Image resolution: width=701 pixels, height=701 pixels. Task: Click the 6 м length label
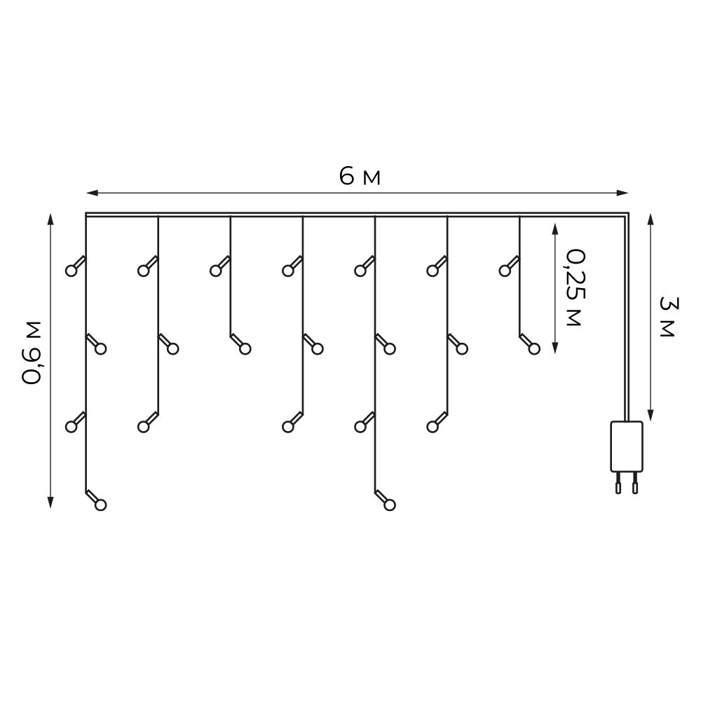pyautogui.click(x=360, y=177)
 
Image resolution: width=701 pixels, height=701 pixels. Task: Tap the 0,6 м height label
pyautogui.click(x=33, y=353)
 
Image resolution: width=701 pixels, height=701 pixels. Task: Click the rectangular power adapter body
pyautogui.click(x=626, y=446)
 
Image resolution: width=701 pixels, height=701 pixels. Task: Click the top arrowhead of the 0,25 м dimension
pyautogui.click(x=554, y=229)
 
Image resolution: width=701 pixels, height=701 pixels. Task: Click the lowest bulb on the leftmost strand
pyautogui.click(x=100, y=504)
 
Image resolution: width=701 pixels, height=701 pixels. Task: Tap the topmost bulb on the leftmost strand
pyautogui.click(x=71, y=270)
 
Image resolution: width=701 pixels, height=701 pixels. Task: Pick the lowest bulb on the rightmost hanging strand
pyautogui.click(x=534, y=348)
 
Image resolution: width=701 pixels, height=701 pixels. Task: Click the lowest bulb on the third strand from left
pyautogui.click(x=245, y=348)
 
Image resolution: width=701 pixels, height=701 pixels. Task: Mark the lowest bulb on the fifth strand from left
pyautogui.click(x=390, y=504)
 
